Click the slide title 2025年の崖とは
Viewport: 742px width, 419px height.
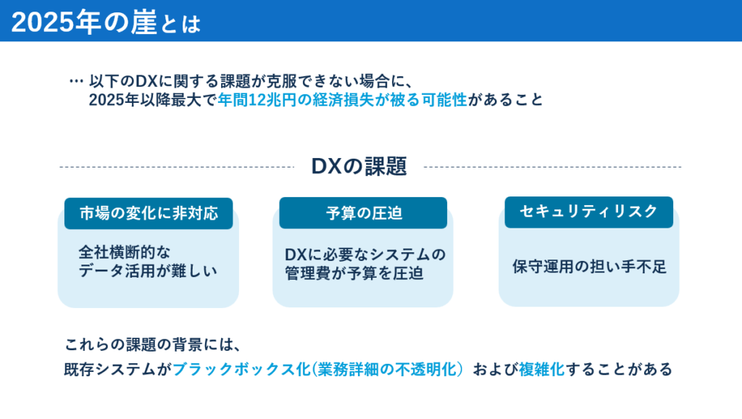(x=106, y=22)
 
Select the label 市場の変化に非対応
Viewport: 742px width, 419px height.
(x=149, y=213)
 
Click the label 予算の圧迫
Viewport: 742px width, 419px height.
(x=363, y=213)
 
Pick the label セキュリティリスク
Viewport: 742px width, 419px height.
(x=588, y=212)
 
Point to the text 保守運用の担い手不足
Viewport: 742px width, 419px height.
(x=588, y=267)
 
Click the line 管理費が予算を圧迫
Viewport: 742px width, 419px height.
(x=354, y=273)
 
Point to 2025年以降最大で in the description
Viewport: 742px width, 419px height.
(x=152, y=100)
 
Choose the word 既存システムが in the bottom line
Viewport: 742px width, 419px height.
(x=117, y=369)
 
